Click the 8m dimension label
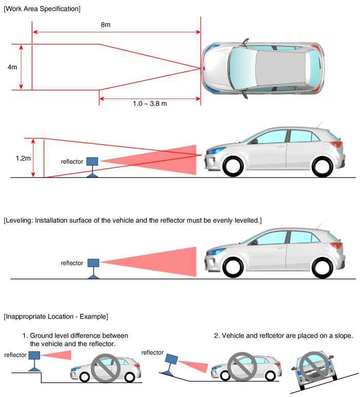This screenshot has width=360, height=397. pos(105,25)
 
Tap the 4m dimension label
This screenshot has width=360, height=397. pos(12,67)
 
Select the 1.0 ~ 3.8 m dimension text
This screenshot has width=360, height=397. pos(150,104)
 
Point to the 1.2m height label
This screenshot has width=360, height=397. pos(23,158)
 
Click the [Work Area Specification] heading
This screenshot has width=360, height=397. pos(42,9)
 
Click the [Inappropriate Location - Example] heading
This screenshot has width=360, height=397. pos(56,316)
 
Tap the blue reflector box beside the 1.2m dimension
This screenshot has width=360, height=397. pos(92,161)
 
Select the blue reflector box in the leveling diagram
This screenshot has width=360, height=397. pos(93,263)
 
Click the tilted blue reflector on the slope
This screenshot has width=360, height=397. pos(172,359)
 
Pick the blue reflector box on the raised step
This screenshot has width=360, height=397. pos(34,355)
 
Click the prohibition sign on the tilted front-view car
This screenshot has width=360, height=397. pos(314,366)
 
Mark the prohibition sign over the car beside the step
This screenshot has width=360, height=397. pos(105,368)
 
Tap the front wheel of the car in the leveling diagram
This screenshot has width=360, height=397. pos(233,268)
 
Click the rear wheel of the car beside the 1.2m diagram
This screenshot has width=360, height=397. pos(322,167)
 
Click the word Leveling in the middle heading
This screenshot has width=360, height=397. pos(20,221)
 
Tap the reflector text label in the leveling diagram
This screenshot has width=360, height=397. pos(72,263)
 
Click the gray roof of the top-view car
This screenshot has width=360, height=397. pos(280,68)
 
